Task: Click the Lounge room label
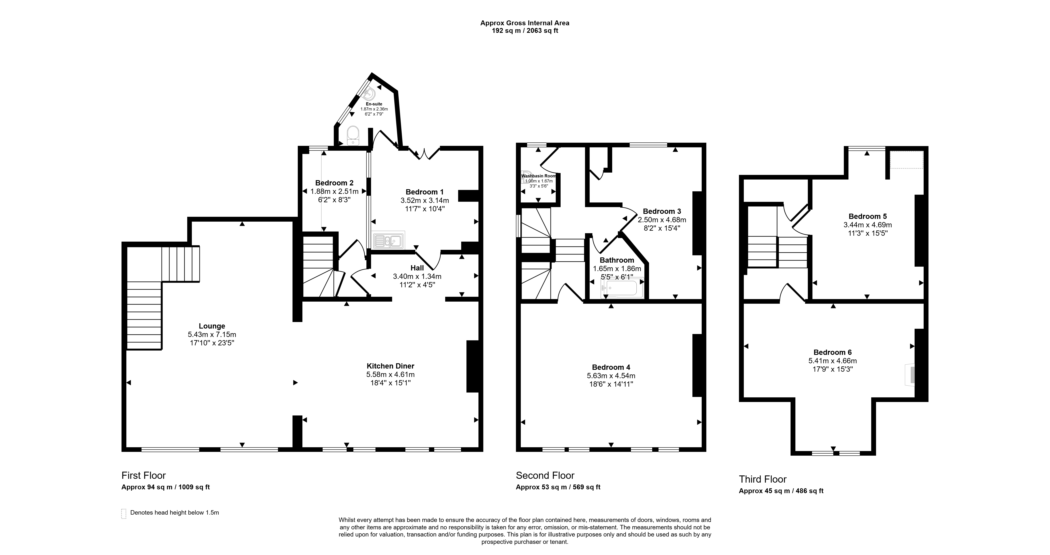(x=212, y=326)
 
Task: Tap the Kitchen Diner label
(x=390, y=366)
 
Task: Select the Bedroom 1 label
(x=425, y=192)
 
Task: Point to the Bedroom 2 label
(x=334, y=183)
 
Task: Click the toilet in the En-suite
(x=353, y=135)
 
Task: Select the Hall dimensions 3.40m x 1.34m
(x=417, y=276)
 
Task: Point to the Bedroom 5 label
(x=867, y=216)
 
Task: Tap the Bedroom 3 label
(x=662, y=211)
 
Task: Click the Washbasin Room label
(x=538, y=176)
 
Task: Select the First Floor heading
(x=143, y=475)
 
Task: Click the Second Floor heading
(x=545, y=475)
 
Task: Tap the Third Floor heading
(x=763, y=479)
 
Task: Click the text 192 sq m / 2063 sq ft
(x=525, y=31)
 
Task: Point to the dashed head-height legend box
(x=123, y=514)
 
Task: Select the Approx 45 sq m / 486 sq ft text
(x=781, y=491)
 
